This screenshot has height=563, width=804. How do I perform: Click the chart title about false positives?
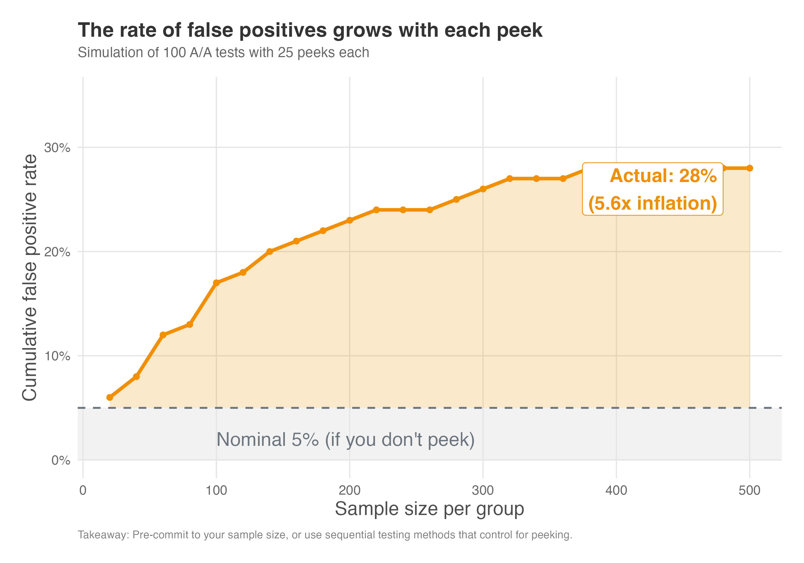[310, 30]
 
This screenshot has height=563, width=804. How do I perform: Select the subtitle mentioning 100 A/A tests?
[224, 53]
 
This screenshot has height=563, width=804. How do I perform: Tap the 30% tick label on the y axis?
[57, 147]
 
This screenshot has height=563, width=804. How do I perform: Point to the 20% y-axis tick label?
[57, 252]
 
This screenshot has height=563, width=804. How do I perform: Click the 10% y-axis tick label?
[57, 356]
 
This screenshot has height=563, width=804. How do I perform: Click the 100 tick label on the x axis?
[216, 490]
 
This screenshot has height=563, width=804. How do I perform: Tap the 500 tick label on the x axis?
[749, 490]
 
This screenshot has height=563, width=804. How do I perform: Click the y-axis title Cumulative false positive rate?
[29, 277]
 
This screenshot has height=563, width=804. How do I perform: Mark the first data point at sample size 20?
[110, 397]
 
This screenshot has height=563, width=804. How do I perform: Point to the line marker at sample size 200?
[349, 220]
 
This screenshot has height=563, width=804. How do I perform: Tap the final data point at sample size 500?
[750, 168]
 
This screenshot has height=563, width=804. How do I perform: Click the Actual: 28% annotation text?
[663, 176]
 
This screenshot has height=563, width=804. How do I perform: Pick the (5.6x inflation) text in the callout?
[652, 203]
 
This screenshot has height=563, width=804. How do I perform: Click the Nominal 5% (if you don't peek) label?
[345, 439]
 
